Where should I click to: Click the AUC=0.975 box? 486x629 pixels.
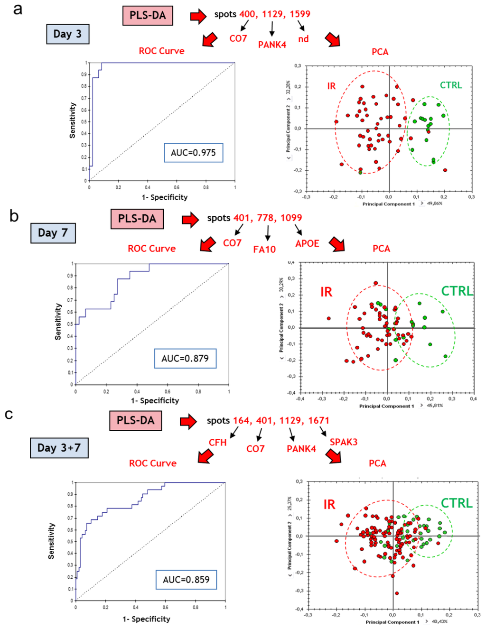(193, 153)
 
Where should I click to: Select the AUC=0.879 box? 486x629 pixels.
(185, 359)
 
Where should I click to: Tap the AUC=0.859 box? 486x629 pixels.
(186, 580)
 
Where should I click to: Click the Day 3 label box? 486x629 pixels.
(67, 34)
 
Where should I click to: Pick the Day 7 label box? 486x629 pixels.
(53, 233)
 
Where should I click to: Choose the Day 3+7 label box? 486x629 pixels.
(59, 448)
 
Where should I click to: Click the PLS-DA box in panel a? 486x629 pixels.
(148, 16)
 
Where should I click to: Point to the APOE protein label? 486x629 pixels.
(307, 243)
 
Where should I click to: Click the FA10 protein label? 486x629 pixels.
(264, 250)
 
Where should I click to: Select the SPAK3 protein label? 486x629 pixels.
(344, 442)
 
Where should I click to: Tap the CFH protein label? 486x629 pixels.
(218, 443)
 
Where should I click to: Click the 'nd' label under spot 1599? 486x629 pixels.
(303, 39)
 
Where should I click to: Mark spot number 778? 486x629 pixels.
(265, 218)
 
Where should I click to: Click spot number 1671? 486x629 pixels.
(318, 420)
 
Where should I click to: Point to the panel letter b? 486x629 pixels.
(14, 216)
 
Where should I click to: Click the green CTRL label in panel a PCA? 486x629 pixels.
(450, 85)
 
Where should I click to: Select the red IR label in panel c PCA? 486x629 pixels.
(329, 504)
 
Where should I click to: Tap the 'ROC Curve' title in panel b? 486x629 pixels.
(151, 249)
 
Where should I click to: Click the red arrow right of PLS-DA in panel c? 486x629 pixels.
(188, 421)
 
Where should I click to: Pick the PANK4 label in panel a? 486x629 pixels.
(272, 45)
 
